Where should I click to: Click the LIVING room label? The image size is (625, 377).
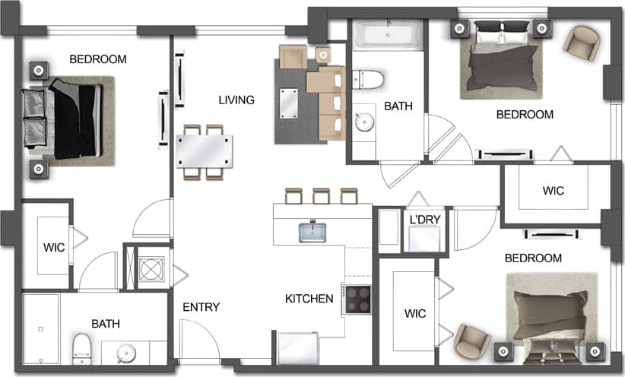236,100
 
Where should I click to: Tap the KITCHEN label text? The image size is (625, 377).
309,299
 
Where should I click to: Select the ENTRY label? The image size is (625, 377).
201,307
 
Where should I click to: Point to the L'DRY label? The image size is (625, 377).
425,220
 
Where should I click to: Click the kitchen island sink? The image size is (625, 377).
312,231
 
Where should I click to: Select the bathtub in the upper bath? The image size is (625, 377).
388,35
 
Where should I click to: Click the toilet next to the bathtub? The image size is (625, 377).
369,78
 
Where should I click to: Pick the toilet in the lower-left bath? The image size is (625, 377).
82,348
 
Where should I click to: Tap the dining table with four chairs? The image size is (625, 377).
204,150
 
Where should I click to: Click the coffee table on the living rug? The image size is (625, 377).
290,102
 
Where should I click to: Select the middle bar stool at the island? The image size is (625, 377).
321,196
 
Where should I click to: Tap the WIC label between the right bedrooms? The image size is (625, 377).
554,191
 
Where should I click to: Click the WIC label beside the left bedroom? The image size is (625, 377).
53,247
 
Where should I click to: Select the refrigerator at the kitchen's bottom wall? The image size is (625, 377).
297,347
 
